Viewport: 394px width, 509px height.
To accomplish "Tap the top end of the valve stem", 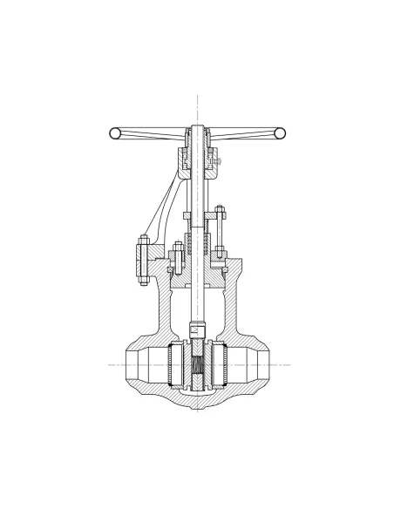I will click(x=197, y=129).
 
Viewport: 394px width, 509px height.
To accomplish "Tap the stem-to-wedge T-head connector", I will click(x=197, y=332).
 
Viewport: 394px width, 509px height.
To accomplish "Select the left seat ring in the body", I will click(x=173, y=365).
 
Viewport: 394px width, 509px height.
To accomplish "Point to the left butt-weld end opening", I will click(x=133, y=364).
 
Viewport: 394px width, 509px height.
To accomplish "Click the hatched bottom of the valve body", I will click(x=197, y=403).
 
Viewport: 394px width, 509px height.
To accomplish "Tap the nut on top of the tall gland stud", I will click(x=220, y=209).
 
